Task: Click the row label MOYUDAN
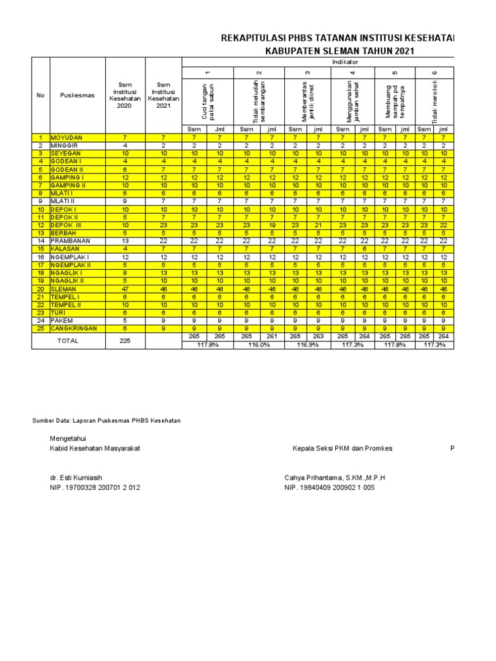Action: tap(66, 138)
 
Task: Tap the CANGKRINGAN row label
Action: tap(74, 329)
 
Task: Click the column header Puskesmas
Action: tap(77, 95)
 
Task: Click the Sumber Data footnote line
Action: tap(107, 420)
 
